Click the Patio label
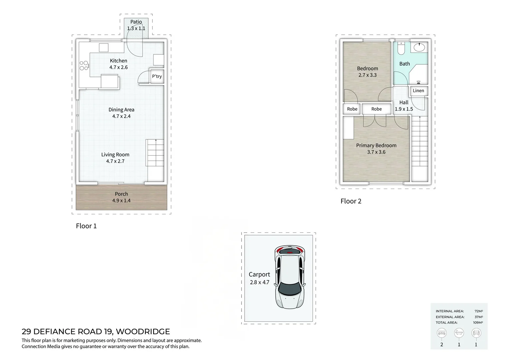click(136, 22)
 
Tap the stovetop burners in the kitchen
click(84, 65)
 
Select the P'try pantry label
click(157, 76)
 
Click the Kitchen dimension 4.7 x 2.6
click(118, 67)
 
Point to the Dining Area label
click(121, 110)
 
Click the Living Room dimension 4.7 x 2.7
click(115, 161)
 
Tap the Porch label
click(121, 194)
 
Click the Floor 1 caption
click(86, 226)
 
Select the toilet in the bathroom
click(401, 48)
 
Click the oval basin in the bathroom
click(419, 47)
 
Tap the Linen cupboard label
click(418, 91)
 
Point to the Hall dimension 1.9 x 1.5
click(404, 109)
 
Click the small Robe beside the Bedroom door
click(352, 109)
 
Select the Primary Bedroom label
click(376, 146)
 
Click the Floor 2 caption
click(351, 201)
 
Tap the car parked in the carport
click(290, 277)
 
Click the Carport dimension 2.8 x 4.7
click(259, 282)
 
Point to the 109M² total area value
click(478, 322)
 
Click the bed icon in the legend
click(441, 333)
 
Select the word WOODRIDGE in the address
click(143, 332)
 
